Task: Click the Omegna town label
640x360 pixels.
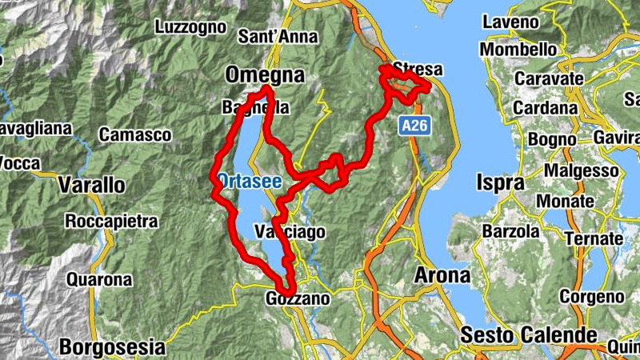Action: pyautogui.click(x=266, y=75)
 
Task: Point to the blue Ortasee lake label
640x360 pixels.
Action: pyautogui.click(x=250, y=181)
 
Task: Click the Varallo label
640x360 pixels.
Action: pyautogui.click(x=92, y=186)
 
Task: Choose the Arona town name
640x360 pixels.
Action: pyautogui.click(x=442, y=276)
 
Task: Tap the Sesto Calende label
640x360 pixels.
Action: pyautogui.click(x=528, y=334)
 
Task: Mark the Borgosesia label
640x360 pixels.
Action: pyautogui.click(x=112, y=348)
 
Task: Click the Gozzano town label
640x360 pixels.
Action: pyautogui.click(x=296, y=298)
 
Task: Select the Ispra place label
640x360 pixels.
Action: pyautogui.click(x=501, y=182)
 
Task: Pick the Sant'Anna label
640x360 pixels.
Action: pyautogui.click(x=278, y=37)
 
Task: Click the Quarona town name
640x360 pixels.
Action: pyautogui.click(x=99, y=280)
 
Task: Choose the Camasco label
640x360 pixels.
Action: pyautogui.click(x=135, y=135)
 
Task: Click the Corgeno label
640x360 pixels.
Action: pyautogui.click(x=592, y=297)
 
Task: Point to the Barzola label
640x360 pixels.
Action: pyautogui.click(x=510, y=231)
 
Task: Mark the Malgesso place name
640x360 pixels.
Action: pyautogui.click(x=581, y=171)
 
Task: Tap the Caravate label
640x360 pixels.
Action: pyautogui.click(x=548, y=79)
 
